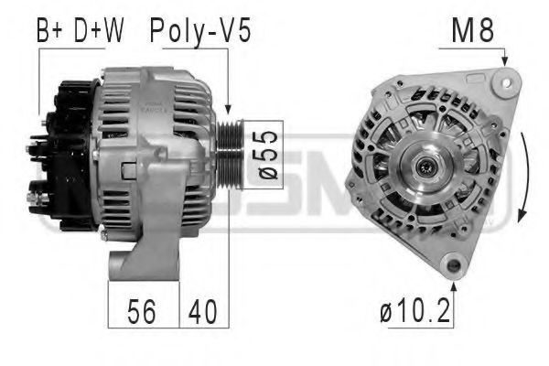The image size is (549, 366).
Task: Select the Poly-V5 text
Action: click(199, 31)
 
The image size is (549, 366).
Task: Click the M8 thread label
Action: click(473, 31)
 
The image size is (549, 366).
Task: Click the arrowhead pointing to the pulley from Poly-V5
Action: click(228, 110)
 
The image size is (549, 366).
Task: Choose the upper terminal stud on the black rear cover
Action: click(39, 144)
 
